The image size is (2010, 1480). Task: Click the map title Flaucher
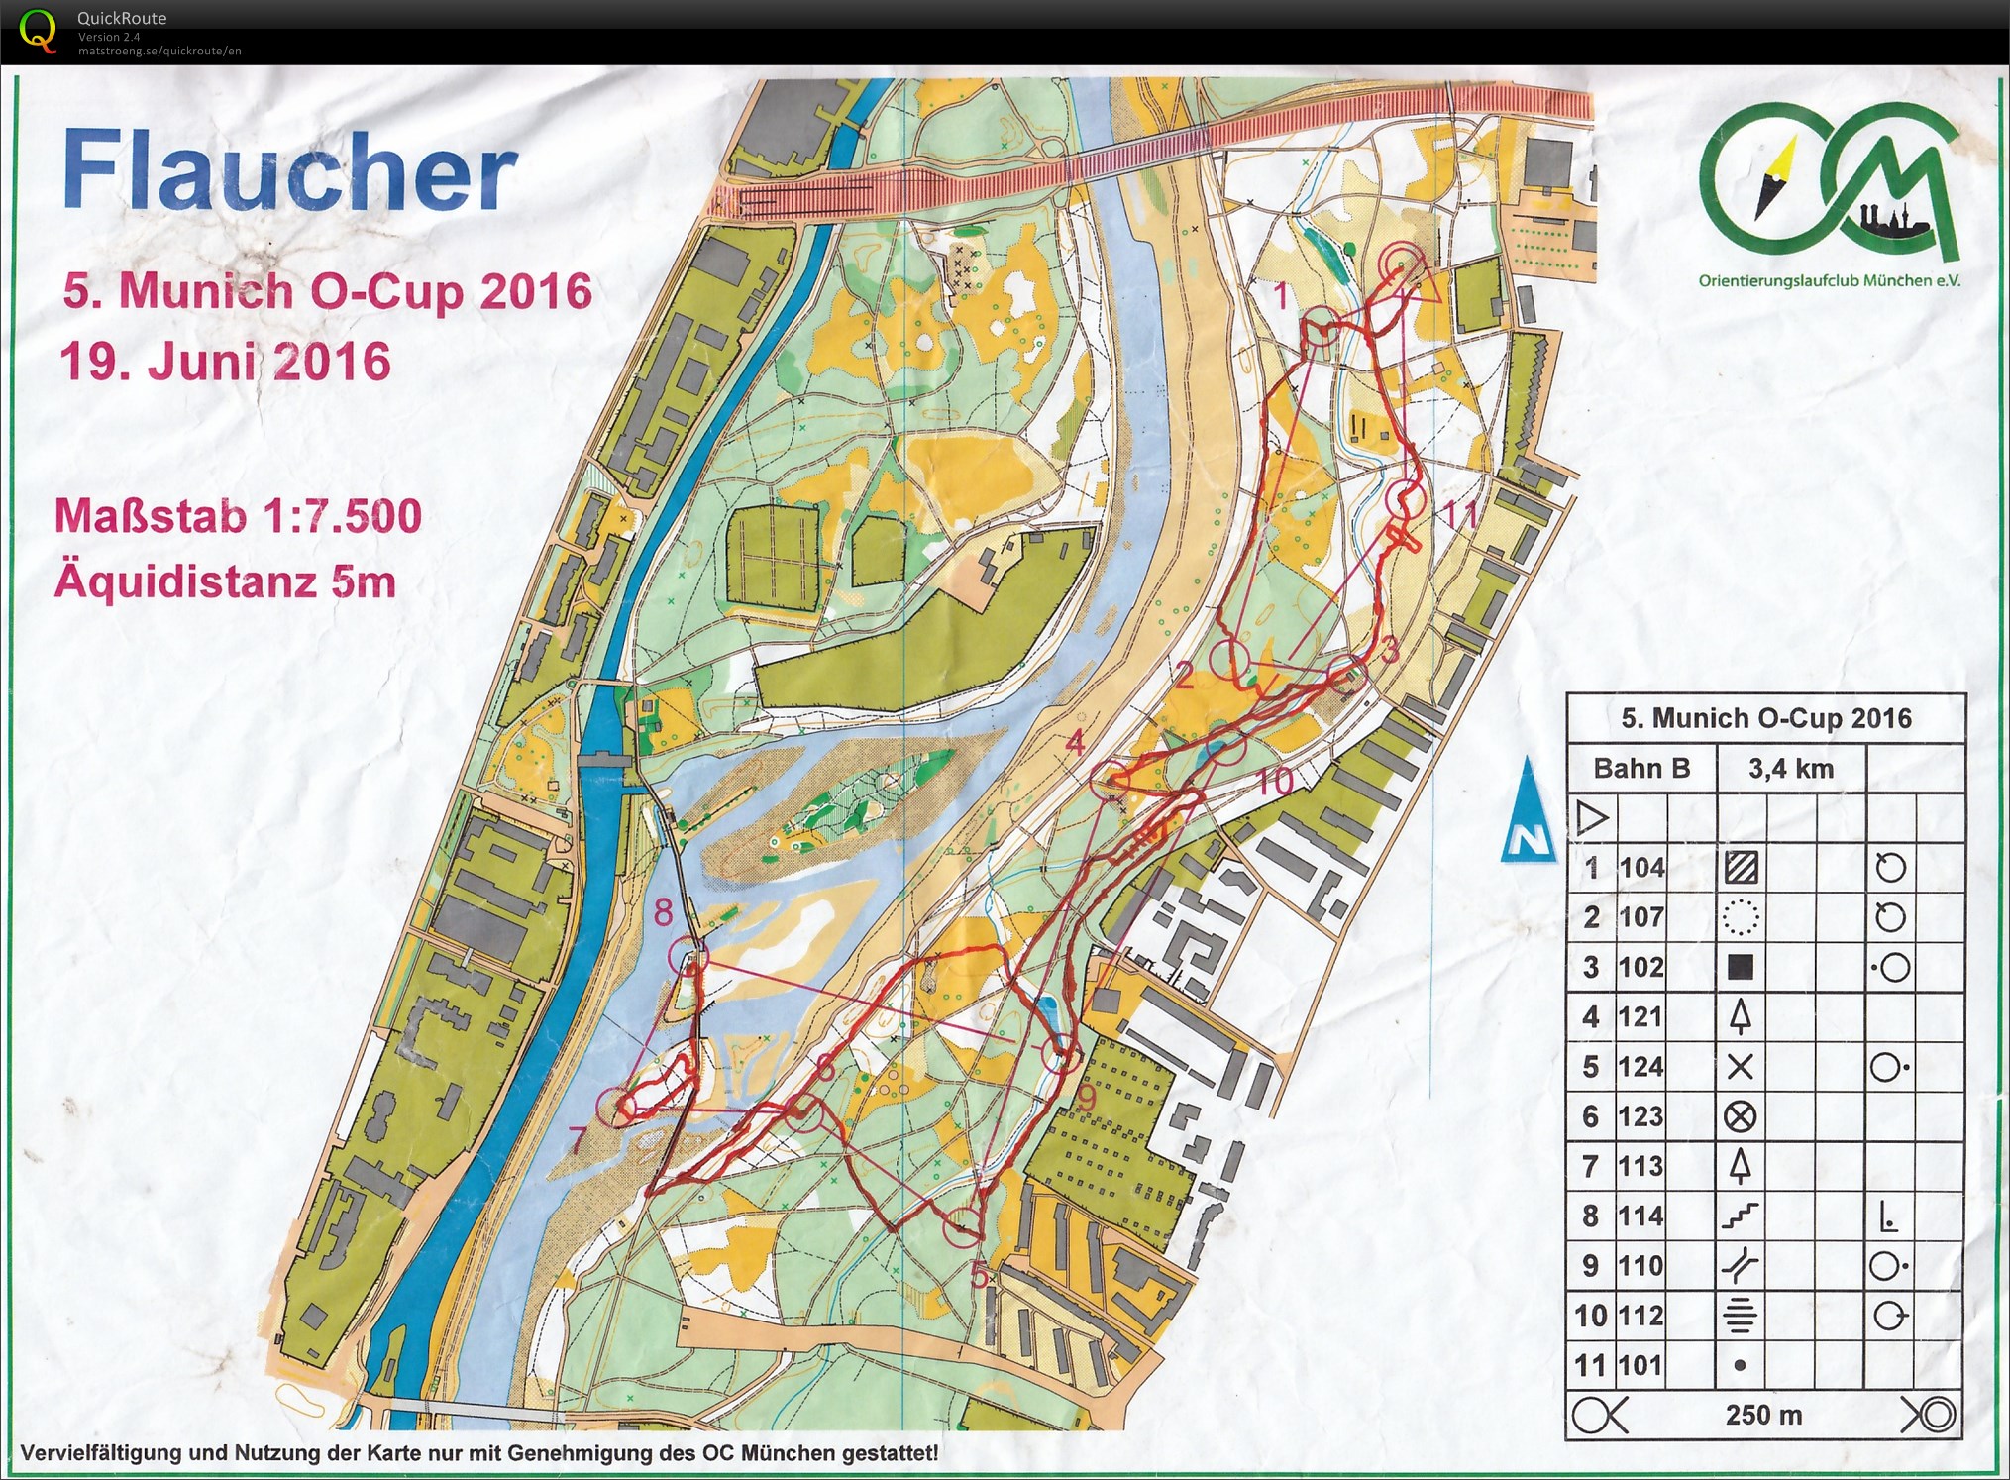point(289,170)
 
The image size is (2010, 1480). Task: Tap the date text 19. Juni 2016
point(225,362)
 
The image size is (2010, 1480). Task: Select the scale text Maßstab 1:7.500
point(238,516)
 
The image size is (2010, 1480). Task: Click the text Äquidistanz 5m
point(225,581)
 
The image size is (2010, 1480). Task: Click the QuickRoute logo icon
point(38,30)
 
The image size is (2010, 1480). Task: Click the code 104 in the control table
point(1641,868)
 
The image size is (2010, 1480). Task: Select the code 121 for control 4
point(1641,1017)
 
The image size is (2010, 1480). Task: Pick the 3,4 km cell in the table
point(1790,769)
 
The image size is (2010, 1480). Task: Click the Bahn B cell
point(1641,769)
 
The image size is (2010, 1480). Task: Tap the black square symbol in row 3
point(1740,968)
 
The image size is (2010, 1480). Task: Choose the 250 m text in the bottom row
point(1763,1415)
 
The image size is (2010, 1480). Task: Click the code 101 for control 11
point(1641,1366)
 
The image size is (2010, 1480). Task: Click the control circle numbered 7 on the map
point(617,1107)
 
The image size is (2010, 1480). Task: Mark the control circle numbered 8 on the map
point(688,957)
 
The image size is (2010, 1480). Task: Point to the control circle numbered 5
point(962,1228)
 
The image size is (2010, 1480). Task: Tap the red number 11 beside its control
point(1461,516)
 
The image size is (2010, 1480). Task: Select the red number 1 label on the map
point(1281,295)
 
